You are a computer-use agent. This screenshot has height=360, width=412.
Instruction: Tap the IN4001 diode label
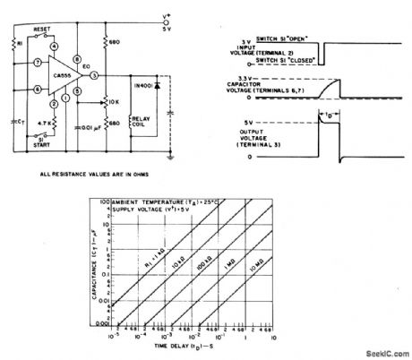tap(144, 83)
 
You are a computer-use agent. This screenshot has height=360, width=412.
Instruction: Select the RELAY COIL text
tap(143, 121)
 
